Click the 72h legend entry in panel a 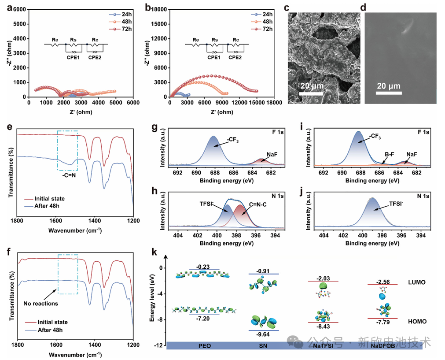[120, 29]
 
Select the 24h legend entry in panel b [261, 14]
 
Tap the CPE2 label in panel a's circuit [95, 57]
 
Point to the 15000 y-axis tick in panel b [158, 24]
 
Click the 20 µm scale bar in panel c [311, 93]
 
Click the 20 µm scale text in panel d [389, 86]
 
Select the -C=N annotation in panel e [69, 175]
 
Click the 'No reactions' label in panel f [40, 304]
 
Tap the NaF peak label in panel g [272, 154]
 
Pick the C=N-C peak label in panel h [257, 204]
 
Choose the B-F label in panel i [390, 154]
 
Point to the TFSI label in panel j [396, 204]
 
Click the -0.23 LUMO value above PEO [203, 267]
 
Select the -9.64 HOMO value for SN [263, 334]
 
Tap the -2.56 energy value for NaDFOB [383, 282]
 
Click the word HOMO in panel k [417, 321]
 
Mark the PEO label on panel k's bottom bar [205, 346]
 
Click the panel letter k [154, 252]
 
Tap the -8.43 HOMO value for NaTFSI [323, 327]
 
